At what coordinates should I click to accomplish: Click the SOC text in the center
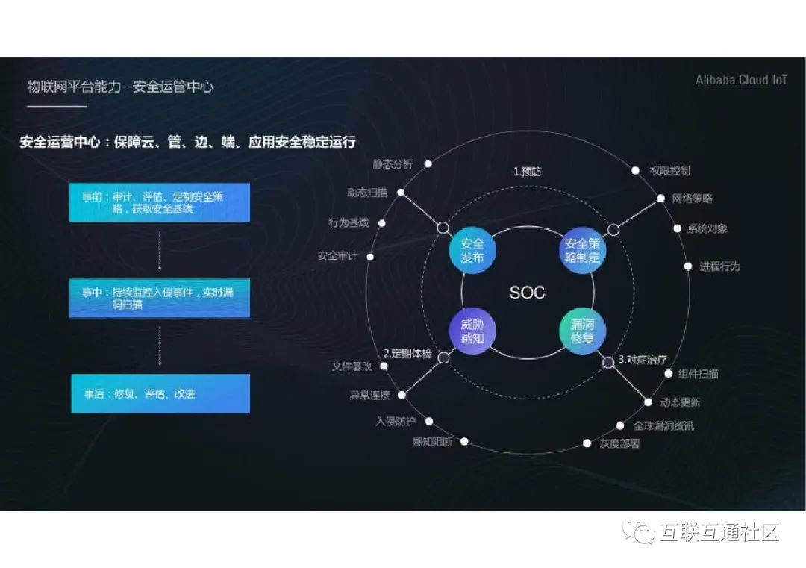[527, 293]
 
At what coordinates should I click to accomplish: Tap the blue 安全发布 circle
[472, 251]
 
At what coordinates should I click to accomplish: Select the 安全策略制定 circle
[582, 251]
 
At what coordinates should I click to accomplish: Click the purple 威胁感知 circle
[472, 332]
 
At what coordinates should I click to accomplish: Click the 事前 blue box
[160, 202]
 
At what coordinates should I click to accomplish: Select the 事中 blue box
[160, 299]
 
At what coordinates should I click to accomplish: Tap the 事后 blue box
[160, 393]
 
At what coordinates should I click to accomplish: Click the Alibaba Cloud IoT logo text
[740, 80]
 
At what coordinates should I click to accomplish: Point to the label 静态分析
[393, 164]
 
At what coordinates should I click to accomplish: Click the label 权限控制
[669, 171]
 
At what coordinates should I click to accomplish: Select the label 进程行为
[719, 266]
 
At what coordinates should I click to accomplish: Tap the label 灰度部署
[619, 443]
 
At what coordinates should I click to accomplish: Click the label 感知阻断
[432, 441]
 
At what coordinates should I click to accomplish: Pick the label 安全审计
[337, 256]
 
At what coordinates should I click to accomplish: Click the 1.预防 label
[527, 172]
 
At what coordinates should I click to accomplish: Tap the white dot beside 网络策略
[660, 199]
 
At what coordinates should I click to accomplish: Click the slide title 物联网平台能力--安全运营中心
[120, 87]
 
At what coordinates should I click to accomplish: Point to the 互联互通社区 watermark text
[719, 532]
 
